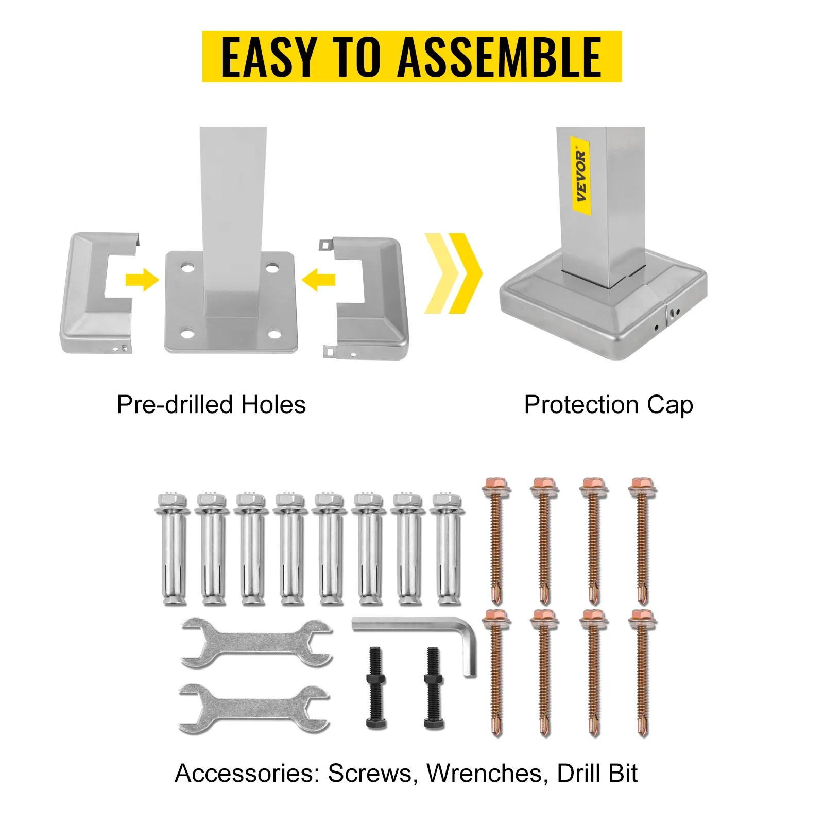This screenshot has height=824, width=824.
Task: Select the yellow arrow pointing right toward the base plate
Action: [x=142, y=280]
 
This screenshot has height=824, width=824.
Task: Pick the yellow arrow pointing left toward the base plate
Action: [x=318, y=280]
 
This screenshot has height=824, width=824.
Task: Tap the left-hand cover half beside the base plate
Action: [x=99, y=293]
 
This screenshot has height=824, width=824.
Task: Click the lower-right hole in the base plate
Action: [x=274, y=334]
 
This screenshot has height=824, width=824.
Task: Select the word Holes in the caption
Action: [x=273, y=405]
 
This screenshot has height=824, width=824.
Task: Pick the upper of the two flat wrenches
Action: [x=256, y=644]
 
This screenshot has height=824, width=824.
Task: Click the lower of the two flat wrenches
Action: [x=254, y=709]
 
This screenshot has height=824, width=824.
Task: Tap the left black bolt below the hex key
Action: [x=376, y=688]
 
